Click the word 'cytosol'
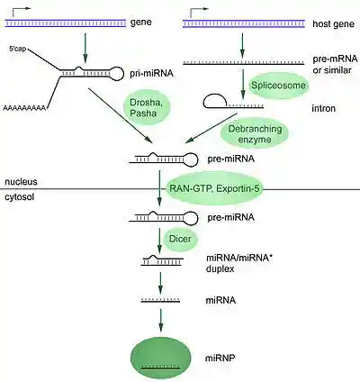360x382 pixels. point(20,195)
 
